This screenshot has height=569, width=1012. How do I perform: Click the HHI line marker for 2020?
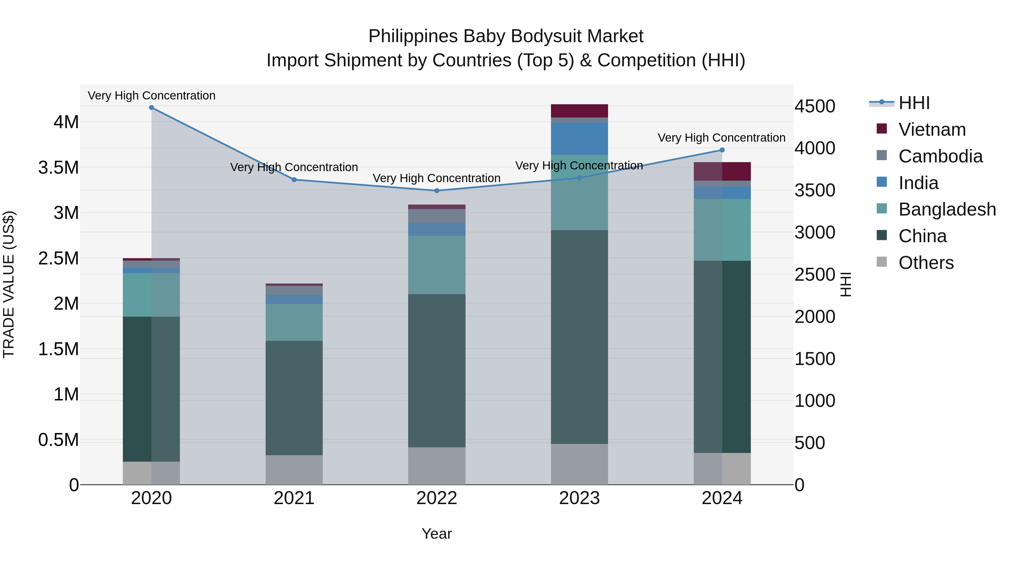click(x=151, y=108)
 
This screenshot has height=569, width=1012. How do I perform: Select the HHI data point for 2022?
click(x=437, y=191)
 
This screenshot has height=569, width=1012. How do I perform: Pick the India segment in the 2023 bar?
click(x=579, y=139)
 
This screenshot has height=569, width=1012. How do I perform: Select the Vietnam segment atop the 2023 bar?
click(x=579, y=111)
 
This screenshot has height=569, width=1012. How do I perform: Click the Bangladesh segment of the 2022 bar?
click(x=437, y=265)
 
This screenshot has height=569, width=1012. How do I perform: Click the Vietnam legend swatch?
click(x=882, y=129)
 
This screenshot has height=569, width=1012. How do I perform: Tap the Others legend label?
click(x=926, y=263)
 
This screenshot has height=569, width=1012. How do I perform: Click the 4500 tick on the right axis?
click(x=815, y=106)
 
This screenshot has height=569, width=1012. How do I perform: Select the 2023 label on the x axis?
click(x=579, y=498)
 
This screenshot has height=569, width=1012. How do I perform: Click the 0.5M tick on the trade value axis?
click(x=58, y=440)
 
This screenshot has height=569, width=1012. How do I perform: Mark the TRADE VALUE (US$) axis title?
click(x=9, y=284)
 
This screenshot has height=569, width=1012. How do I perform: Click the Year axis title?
click(x=437, y=534)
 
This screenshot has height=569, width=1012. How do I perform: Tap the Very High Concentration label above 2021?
click(x=294, y=167)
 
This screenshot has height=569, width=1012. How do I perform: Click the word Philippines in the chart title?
click(x=413, y=36)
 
